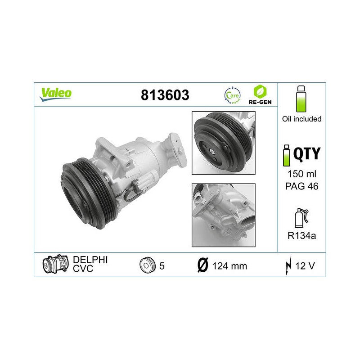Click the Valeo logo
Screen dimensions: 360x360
(55, 94)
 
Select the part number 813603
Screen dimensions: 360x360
(165, 95)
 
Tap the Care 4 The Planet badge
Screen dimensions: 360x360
(232, 95)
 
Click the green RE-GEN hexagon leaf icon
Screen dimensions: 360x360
(260, 91)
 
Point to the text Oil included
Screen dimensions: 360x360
(301, 119)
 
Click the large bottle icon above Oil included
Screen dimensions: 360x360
(301, 99)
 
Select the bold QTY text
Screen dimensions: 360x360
(307, 154)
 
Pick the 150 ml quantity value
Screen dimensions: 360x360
(302, 174)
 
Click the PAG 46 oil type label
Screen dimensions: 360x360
(301, 186)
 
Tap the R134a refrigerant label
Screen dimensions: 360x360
(301, 235)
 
